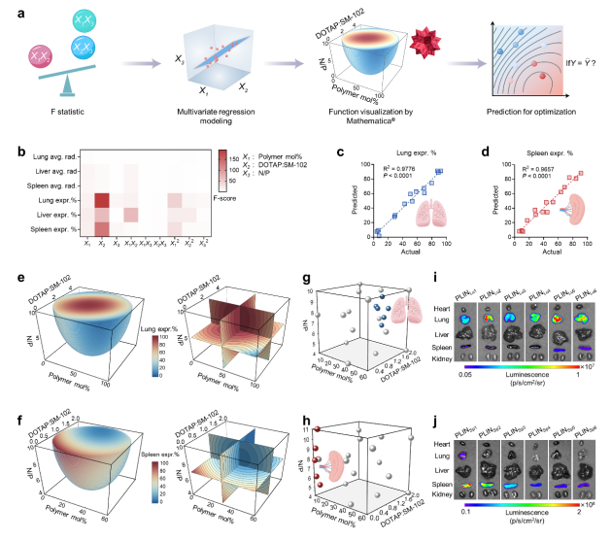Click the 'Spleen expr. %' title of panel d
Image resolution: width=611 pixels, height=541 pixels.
pos(528,152)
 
